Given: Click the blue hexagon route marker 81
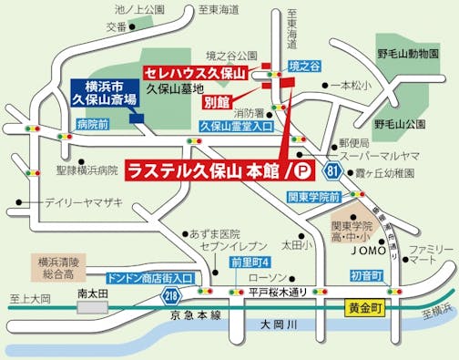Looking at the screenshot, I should coord(336,170).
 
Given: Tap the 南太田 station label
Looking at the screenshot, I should coord(94,293).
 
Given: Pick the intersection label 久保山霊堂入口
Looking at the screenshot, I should coord(236,128).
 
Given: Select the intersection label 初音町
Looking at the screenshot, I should coord(367,274).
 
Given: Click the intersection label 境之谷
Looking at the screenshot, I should coord(304,67).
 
